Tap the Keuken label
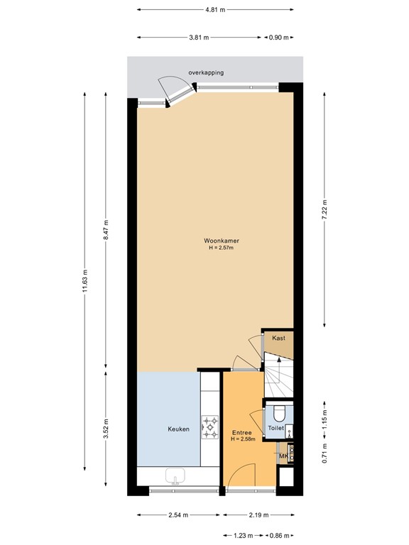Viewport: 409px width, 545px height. click(178, 429)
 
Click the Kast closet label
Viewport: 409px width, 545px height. click(278, 338)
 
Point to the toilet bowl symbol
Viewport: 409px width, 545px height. click(279, 413)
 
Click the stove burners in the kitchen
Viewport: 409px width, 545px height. click(211, 427)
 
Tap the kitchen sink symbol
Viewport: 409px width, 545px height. click(175, 477)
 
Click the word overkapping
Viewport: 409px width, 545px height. click(205, 72)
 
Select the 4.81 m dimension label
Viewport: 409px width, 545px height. click(214, 10)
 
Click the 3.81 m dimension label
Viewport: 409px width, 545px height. click(199, 38)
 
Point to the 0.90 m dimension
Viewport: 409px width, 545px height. click(279, 38)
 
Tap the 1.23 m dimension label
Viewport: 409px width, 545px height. click(244, 535)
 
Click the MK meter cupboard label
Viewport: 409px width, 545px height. click(283, 456)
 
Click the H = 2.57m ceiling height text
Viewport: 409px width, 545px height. click(222, 248)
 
